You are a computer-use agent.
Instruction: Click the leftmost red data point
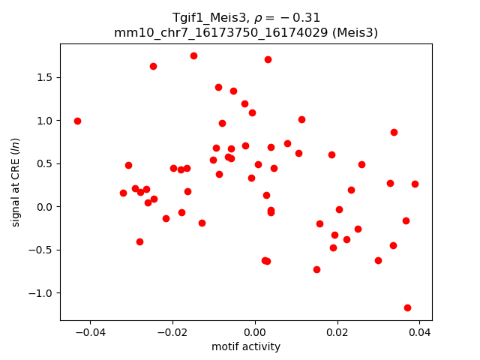[77, 121]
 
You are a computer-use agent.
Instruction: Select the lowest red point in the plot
[407, 307]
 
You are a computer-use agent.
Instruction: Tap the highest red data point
[193, 55]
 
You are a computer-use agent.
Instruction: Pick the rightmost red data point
[415, 184]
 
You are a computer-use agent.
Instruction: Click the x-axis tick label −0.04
[90, 332]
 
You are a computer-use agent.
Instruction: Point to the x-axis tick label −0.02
[172, 332]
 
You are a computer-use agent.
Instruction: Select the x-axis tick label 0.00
[255, 332]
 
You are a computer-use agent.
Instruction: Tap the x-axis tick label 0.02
[337, 332]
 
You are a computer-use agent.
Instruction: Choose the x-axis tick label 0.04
[419, 332]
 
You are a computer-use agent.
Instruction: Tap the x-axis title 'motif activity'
[246, 346]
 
